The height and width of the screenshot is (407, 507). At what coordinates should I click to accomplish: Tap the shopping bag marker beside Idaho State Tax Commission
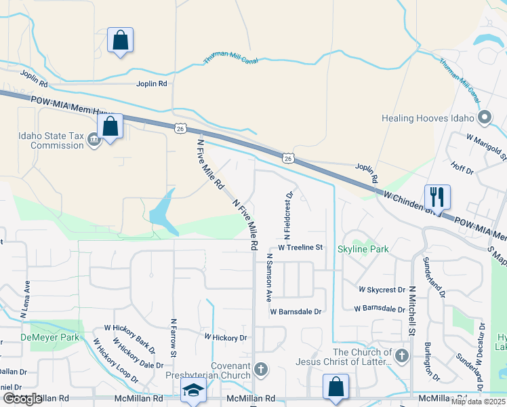[109, 126]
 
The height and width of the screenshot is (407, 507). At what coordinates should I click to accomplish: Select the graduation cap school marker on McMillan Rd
[193, 390]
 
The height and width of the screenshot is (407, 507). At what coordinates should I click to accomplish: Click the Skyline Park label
[363, 249]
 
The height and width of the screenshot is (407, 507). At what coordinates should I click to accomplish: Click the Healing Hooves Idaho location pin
[484, 118]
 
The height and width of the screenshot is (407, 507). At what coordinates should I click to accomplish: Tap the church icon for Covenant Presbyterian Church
[261, 370]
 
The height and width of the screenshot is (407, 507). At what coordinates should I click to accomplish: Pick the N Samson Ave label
[268, 277]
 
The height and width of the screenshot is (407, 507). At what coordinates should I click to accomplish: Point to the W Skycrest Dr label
[382, 290]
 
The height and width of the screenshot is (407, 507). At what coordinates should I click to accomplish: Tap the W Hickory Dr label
[226, 337]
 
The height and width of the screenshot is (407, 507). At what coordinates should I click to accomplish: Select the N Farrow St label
[174, 338]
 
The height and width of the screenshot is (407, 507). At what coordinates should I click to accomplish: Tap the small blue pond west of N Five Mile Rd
[161, 211]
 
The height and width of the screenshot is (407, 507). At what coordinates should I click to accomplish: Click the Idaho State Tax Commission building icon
[94, 140]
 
